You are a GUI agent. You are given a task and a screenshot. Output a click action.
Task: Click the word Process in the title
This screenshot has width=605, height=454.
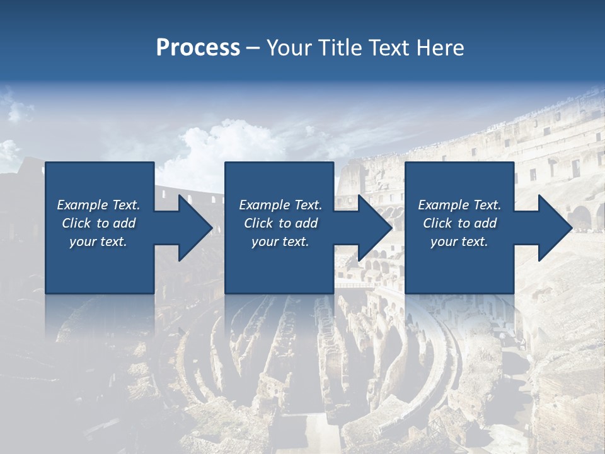pos(198,48)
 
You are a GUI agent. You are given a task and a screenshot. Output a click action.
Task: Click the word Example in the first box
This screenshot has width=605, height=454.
pos(83,205)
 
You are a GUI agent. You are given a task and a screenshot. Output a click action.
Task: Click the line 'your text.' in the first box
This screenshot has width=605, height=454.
pos(98,242)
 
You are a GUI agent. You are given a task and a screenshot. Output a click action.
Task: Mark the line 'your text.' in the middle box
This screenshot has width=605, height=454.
pos(280,242)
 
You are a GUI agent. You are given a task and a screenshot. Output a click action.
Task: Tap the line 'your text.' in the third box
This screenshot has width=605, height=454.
pos(459,242)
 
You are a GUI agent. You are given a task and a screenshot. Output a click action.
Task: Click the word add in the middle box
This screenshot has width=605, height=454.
pos(306,223)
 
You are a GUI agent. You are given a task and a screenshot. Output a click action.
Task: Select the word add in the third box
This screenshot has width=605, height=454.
pos(485,223)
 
